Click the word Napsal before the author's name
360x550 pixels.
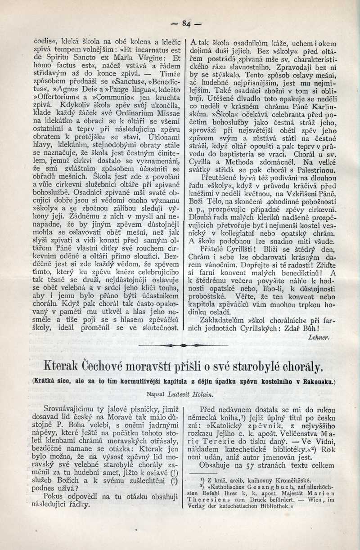157,394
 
